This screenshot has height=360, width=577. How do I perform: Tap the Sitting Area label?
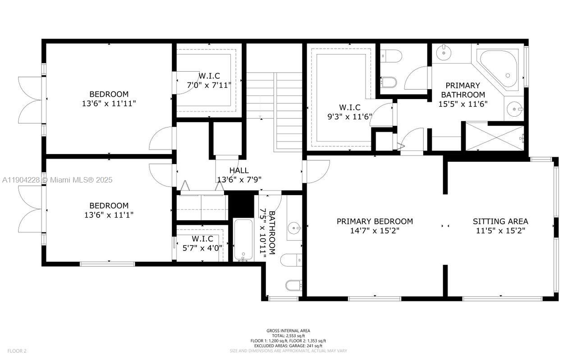tap(500, 221)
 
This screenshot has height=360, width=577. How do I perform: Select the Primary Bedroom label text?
tap(375, 221)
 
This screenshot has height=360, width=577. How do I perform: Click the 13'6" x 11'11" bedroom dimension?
tap(109, 103)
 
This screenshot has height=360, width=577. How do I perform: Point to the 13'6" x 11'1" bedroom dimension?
tap(109, 215)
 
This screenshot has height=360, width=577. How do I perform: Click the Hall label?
tap(239, 170)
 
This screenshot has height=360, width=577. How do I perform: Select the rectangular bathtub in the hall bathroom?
tap(244, 239)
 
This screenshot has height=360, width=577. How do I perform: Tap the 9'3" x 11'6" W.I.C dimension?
tap(349, 116)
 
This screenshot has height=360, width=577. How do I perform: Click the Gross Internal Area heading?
tap(288, 331)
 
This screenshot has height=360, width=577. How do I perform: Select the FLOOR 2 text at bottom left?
tap(17, 351)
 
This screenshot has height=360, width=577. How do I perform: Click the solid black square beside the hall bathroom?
tap(242, 205)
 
